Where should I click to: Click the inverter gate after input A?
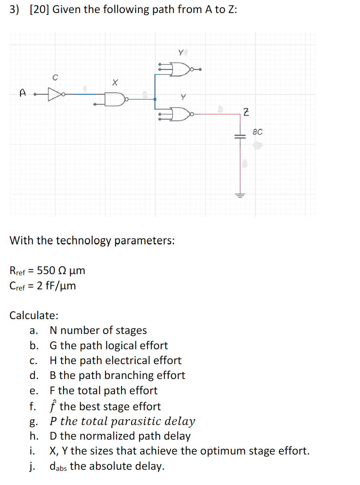pyautogui.click(x=55, y=94)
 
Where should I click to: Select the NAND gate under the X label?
pyautogui.click(x=115, y=99)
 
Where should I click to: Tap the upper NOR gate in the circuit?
pyautogui.click(x=180, y=69)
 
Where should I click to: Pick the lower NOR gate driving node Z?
pyautogui.click(x=181, y=114)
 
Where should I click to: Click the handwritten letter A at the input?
pyautogui.click(x=23, y=93)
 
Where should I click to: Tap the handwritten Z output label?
pyautogui.click(x=246, y=112)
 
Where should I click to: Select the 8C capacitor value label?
pyautogui.click(x=257, y=132)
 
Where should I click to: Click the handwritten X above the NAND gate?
pyautogui.click(x=115, y=82)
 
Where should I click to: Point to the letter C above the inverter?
pyautogui.click(x=55, y=77)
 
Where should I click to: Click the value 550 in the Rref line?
pyautogui.click(x=46, y=270)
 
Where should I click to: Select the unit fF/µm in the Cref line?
pyautogui.click(x=61, y=286)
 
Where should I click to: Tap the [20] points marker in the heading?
pyautogui.click(x=39, y=9)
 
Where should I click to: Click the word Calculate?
pyautogui.click(x=33, y=315)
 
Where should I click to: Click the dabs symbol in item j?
pyautogui.click(x=58, y=466)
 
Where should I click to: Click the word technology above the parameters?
pyautogui.click(x=83, y=241)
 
